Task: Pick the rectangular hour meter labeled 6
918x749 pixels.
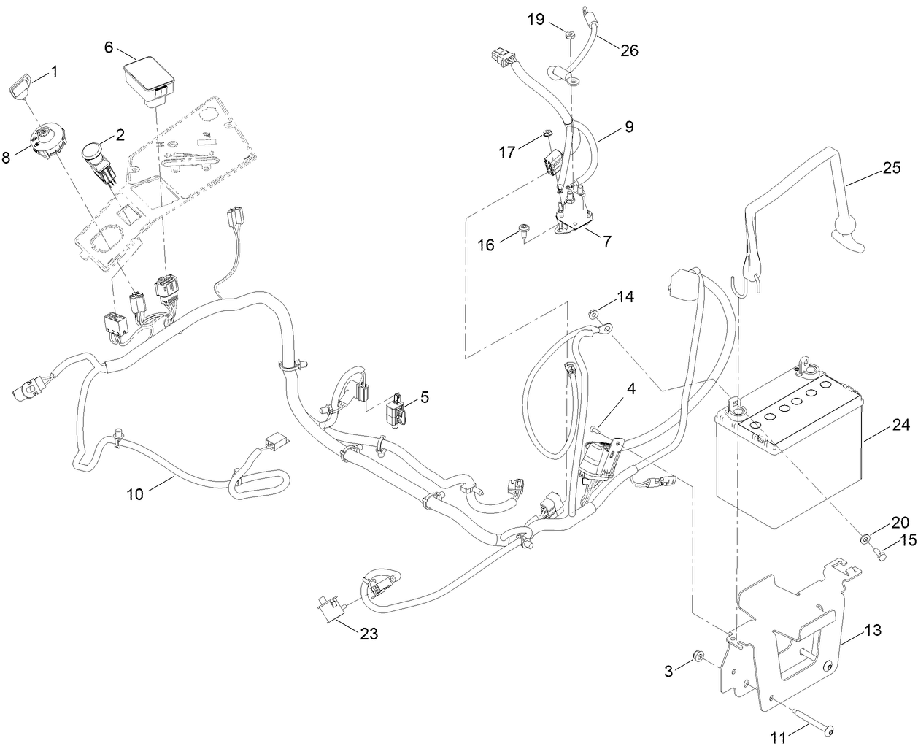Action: pos(148,79)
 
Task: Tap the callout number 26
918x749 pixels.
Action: pos(629,50)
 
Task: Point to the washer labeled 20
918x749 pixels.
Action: pos(865,539)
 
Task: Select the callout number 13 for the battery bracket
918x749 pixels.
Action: pos(873,629)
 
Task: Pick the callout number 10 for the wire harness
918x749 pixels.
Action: pos(135,493)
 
